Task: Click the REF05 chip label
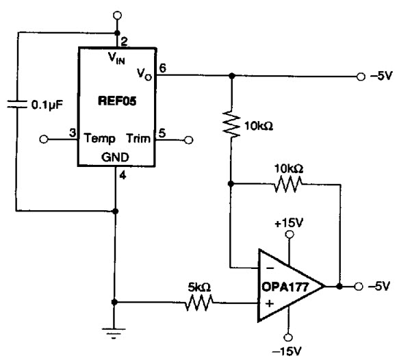pyautogui.click(x=117, y=101)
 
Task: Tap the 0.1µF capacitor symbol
pyautogui.click(x=17, y=104)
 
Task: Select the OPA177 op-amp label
pyautogui.click(x=285, y=287)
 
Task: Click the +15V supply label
pyautogui.click(x=289, y=223)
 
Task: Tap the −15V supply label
pyautogui.click(x=287, y=351)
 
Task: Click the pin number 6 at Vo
pyautogui.click(x=162, y=68)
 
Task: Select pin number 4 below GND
pyautogui.click(x=123, y=175)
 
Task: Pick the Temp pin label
pyautogui.click(x=99, y=139)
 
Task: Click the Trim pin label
pyautogui.click(x=138, y=138)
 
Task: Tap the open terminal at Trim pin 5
pyautogui.click(x=189, y=140)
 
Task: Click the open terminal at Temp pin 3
pyautogui.click(x=44, y=139)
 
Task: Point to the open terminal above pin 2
pyautogui.click(x=117, y=16)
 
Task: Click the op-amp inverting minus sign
pyautogui.click(x=270, y=268)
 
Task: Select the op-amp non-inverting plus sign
pyautogui.click(x=270, y=303)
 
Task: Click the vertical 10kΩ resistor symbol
pyautogui.click(x=231, y=124)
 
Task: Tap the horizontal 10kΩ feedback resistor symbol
pyautogui.click(x=288, y=184)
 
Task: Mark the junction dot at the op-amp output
pyautogui.click(x=340, y=286)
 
